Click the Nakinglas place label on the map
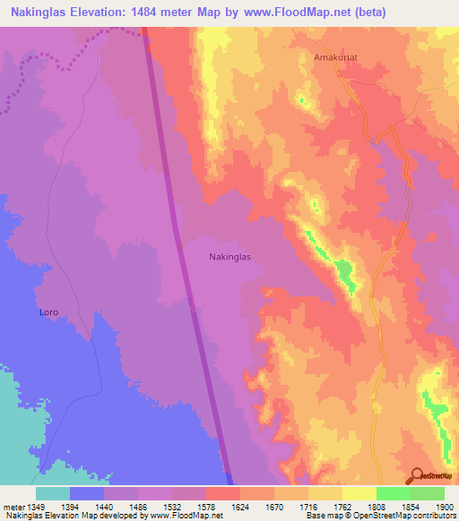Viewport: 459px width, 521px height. click(230, 257)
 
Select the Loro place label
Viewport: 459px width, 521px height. click(49, 312)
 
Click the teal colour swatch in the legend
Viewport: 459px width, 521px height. click(52, 493)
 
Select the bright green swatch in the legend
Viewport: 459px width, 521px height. click(393, 493)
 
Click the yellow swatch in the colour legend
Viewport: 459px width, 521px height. click(359, 493)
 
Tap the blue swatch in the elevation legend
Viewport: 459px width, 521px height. click(86, 493)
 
